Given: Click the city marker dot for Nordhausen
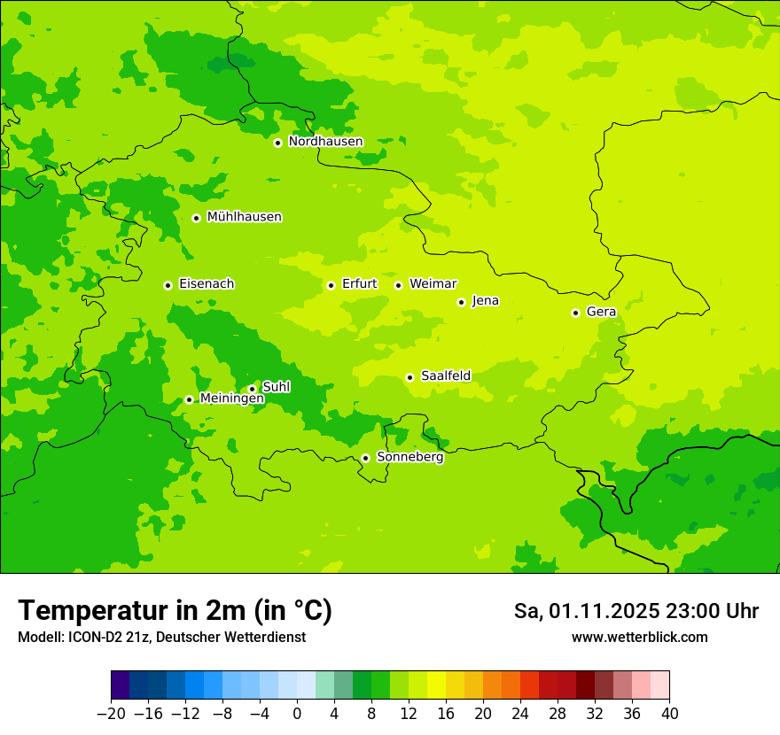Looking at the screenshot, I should pos(277,143).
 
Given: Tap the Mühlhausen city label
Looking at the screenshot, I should pos(244,217).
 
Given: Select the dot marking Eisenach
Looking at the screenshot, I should pos(168,285).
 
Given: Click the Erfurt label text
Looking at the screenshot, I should pos(359,284).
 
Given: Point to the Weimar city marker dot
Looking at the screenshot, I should pos(398,285).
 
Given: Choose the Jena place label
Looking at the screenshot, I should pos(485,301).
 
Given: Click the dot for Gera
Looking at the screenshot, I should pos(575,313).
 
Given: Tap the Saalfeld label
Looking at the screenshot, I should pos(445,376).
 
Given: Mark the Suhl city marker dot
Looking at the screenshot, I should pos(252,389).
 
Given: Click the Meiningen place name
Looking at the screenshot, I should pos(231,399).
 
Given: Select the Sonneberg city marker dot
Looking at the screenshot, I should pos(365,459).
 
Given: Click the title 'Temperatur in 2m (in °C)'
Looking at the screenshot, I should pos(175,611).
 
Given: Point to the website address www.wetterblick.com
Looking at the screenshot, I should pos(639,638).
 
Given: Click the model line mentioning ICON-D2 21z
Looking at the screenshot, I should pos(160,638).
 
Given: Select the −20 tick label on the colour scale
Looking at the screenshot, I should pos(111,714).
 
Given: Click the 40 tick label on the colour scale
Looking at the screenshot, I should pos(669,714).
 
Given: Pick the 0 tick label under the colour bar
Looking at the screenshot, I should pos(297,714).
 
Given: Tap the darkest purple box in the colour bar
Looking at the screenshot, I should pos(121,685).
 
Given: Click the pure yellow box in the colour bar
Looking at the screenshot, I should pos(436,685).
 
